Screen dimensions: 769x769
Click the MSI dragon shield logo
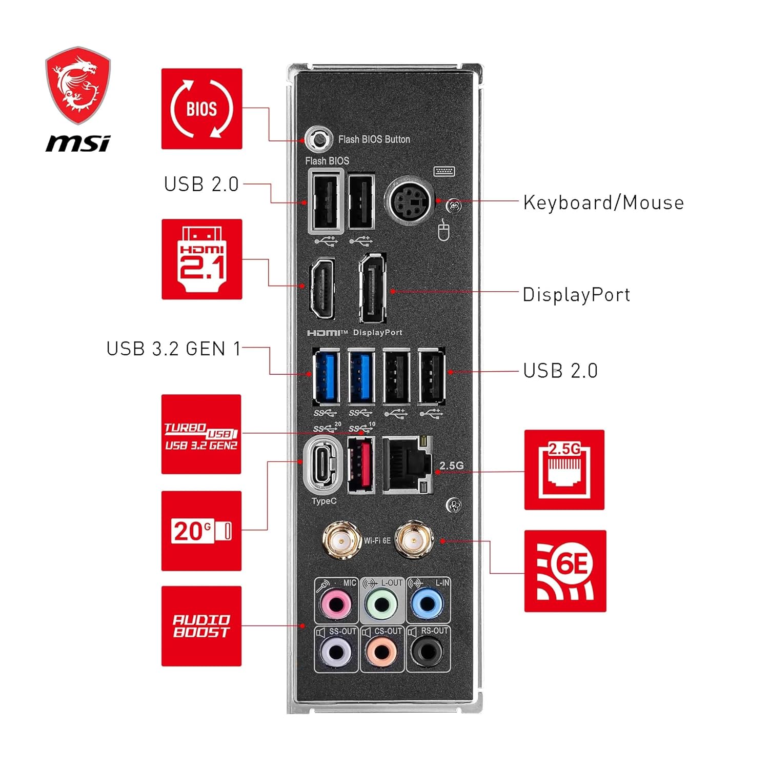click(78, 86)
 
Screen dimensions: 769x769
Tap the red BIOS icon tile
click(201, 109)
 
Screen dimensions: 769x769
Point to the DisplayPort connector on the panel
click(373, 288)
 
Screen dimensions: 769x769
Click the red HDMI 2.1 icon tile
click(201, 259)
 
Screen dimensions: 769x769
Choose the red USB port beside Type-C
click(360, 465)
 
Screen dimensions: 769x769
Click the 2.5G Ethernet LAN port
click(408, 465)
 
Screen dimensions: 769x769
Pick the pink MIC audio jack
click(336, 604)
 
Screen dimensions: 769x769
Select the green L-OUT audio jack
click(382, 604)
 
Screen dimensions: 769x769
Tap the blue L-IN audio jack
click(428, 604)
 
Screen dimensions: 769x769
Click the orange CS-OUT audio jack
click(382, 652)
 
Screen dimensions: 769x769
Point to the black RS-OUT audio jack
click(428, 652)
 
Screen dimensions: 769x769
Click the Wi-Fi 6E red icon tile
click(565, 571)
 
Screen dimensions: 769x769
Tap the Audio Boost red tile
click(201, 626)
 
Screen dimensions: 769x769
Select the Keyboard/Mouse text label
click(603, 203)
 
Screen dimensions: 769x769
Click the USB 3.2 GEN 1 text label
click(173, 349)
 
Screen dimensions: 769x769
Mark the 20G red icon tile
click(201, 531)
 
